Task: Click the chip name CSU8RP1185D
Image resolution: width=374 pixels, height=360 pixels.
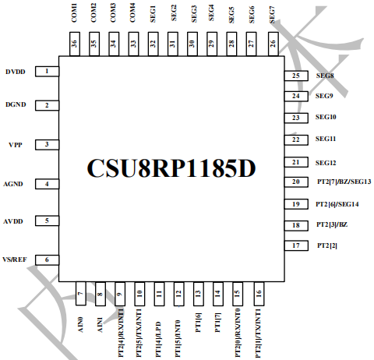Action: click(171, 168)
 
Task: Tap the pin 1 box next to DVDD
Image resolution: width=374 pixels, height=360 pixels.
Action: click(47, 72)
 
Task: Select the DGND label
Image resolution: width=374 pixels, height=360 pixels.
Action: click(16, 104)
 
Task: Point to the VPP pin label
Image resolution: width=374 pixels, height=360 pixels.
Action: click(16, 145)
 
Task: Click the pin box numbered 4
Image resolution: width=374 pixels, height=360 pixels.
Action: click(47, 184)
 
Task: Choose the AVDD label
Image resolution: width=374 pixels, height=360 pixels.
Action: click(13, 221)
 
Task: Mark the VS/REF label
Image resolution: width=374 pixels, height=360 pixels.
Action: click(15, 259)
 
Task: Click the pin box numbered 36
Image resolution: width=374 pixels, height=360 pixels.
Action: click(75, 44)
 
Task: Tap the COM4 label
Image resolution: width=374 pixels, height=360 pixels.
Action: click(132, 12)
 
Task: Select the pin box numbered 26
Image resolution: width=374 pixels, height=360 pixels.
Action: click(273, 44)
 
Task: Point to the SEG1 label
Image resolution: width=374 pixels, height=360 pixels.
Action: click(153, 14)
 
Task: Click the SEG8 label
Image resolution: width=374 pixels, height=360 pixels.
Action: click(325, 76)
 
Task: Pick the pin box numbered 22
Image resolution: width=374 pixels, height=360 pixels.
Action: click(296, 139)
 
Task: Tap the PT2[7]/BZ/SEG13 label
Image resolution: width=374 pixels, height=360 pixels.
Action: click(344, 182)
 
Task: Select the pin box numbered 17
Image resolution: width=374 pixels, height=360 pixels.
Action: click(296, 245)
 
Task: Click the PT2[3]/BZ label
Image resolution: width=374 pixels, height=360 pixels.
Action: click(332, 224)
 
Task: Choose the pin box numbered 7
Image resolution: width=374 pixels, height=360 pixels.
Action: click(80, 294)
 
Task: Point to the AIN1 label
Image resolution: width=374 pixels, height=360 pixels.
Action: click(100, 325)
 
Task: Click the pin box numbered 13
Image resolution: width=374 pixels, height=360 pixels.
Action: click(199, 294)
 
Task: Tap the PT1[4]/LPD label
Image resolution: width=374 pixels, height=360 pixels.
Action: click(158, 340)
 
